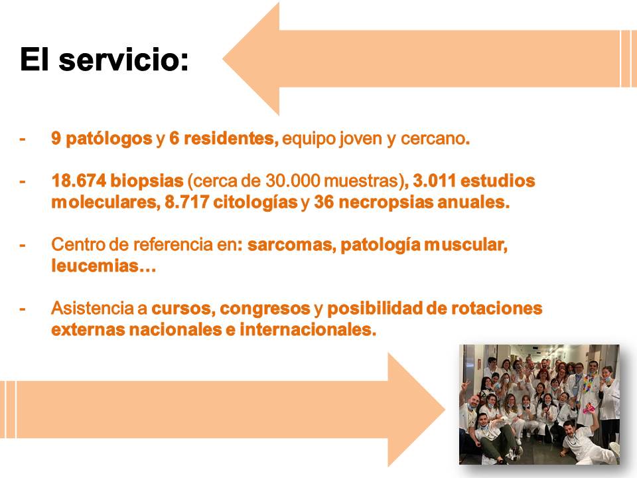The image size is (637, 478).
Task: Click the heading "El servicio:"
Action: (x=104, y=60)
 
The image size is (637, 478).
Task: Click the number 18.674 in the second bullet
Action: (x=76, y=181)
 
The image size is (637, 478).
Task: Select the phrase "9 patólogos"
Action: (x=102, y=139)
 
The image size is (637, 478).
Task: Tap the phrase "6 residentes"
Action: (x=223, y=139)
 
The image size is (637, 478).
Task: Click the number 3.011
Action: (x=435, y=181)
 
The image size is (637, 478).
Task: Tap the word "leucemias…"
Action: (x=103, y=267)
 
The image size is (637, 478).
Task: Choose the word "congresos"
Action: (x=265, y=309)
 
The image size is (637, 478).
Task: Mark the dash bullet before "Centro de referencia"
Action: (x=23, y=245)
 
